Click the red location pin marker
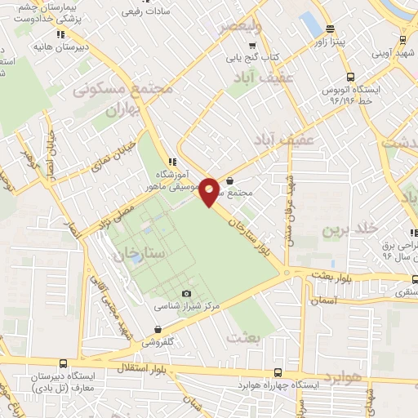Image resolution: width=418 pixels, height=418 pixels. (211, 191)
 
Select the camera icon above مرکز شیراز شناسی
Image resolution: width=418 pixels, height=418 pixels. (186, 293)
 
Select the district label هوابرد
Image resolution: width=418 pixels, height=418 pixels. (342, 377)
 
